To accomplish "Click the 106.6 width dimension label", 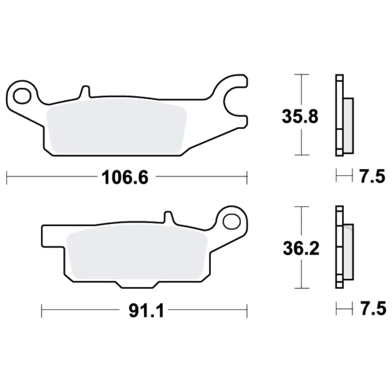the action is pyautogui.click(x=125, y=177).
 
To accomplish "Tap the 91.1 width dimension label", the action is pyautogui.click(x=146, y=311).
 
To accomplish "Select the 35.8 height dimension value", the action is pyautogui.click(x=300, y=116).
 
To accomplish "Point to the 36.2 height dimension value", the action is pyautogui.click(x=301, y=249).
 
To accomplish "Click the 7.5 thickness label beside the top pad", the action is pyautogui.click(x=372, y=176).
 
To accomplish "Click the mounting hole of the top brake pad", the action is pyautogui.click(x=22, y=96).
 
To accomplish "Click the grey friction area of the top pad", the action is pyautogui.click(x=117, y=127).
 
